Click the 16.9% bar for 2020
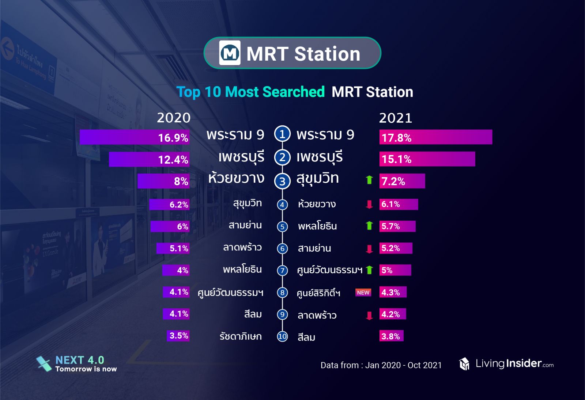(x=135, y=137)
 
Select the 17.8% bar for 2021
(x=435, y=137)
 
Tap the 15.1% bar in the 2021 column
(x=427, y=159)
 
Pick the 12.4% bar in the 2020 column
(x=149, y=159)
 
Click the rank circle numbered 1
(x=282, y=134)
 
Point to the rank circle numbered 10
(x=282, y=336)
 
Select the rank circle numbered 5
(x=282, y=227)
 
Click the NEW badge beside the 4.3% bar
(x=363, y=293)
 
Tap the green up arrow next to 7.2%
(x=369, y=180)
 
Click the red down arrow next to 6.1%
(x=369, y=205)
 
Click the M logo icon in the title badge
(x=230, y=53)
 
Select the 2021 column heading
(x=395, y=118)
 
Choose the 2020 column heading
(x=174, y=118)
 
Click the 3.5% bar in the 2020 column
(x=178, y=336)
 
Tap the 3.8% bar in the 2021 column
(x=391, y=336)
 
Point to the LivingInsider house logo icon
(x=464, y=364)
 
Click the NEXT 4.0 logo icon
(x=44, y=364)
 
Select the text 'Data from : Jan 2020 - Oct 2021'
(x=381, y=365)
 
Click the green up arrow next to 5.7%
(x=369, y=226)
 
